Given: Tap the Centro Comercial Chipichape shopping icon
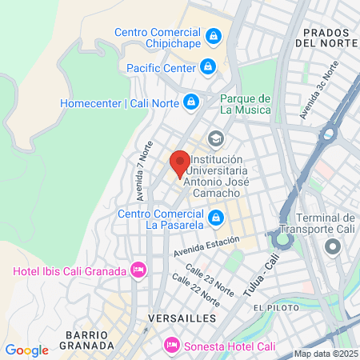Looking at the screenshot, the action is pos(214,35).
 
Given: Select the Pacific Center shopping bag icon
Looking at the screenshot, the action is pos(208,67).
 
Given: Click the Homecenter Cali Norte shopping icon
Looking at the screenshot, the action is pos(191,102).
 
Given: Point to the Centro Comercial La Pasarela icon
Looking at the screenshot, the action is pos(215,217).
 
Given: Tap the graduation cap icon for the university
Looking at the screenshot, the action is pos(214,138).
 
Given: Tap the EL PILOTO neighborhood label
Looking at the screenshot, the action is pos(274,308).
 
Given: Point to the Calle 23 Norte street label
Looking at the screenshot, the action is pos(206,277).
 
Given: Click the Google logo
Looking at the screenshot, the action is pos(26,350).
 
